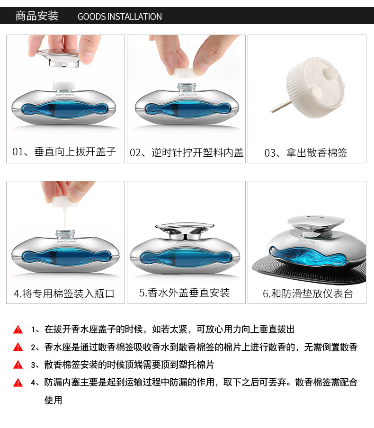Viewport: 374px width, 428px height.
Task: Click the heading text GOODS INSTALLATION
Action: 120,17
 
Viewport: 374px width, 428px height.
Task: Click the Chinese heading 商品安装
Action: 37,16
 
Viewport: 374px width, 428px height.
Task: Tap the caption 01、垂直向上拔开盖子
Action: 64,152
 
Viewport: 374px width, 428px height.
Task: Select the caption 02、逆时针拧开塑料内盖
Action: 187,152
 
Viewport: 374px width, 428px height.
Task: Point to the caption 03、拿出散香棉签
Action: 306,153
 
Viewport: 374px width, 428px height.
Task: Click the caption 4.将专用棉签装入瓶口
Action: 64,294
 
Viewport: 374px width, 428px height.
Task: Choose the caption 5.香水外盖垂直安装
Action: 185,293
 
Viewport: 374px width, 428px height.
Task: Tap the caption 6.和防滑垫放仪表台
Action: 308,294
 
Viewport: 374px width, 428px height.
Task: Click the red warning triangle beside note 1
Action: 18,330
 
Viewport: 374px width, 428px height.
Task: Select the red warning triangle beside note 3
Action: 18,365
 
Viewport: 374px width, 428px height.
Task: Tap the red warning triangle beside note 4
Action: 18,383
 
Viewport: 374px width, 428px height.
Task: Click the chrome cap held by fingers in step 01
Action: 58,58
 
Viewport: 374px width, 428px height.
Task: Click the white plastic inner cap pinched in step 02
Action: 185,72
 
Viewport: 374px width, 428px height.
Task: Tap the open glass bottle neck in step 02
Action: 187,88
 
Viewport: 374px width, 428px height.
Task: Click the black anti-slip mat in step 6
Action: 309,270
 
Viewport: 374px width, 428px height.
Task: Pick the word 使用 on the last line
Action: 53,400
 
